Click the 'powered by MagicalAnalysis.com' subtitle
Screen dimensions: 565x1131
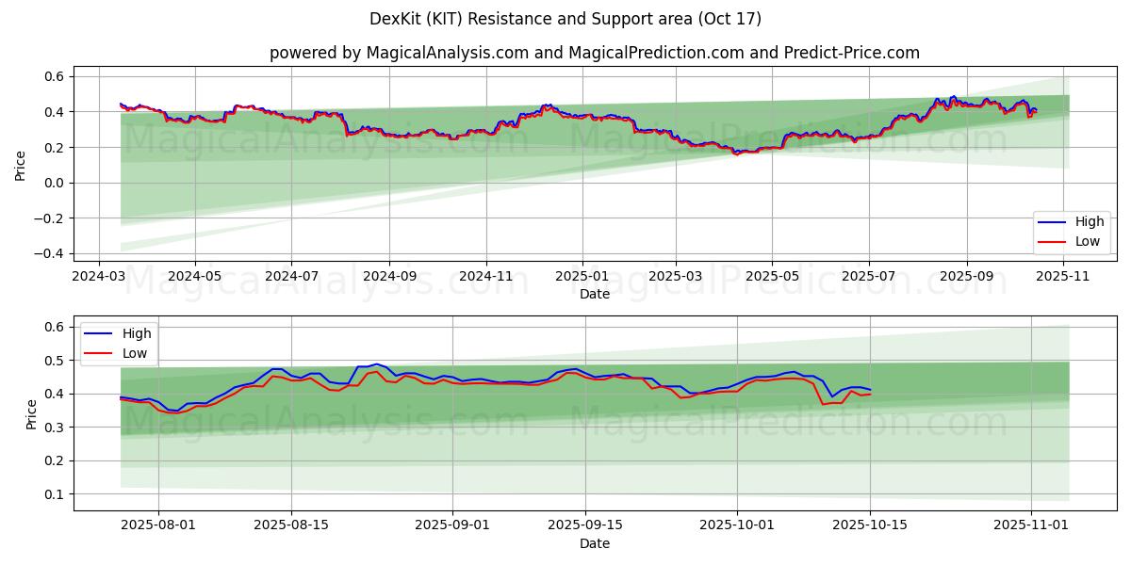(594, 53)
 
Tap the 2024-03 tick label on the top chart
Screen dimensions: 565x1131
(100, 277)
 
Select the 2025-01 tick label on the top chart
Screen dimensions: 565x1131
(582, 277)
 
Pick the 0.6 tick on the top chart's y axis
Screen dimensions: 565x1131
(54, 76)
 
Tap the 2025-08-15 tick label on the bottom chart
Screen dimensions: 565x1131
(290, 526)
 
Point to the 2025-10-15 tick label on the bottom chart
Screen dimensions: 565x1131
(870, 526)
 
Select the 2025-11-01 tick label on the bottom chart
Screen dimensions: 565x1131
(1032, 526)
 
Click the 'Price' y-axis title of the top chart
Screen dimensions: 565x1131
(21, 165)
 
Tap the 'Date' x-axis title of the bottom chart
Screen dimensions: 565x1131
(594, 544)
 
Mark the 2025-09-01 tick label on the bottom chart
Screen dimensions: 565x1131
(452, 526)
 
